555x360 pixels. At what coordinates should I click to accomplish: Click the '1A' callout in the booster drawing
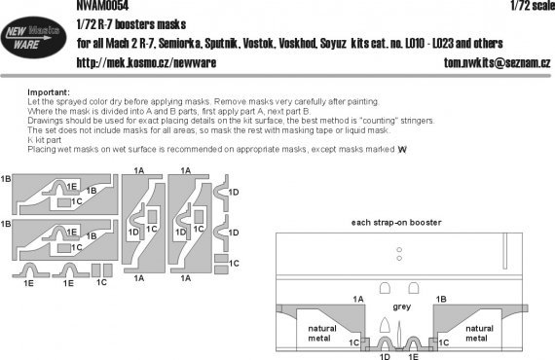point(357,297)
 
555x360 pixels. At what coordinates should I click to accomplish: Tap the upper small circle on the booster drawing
point(397,250)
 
